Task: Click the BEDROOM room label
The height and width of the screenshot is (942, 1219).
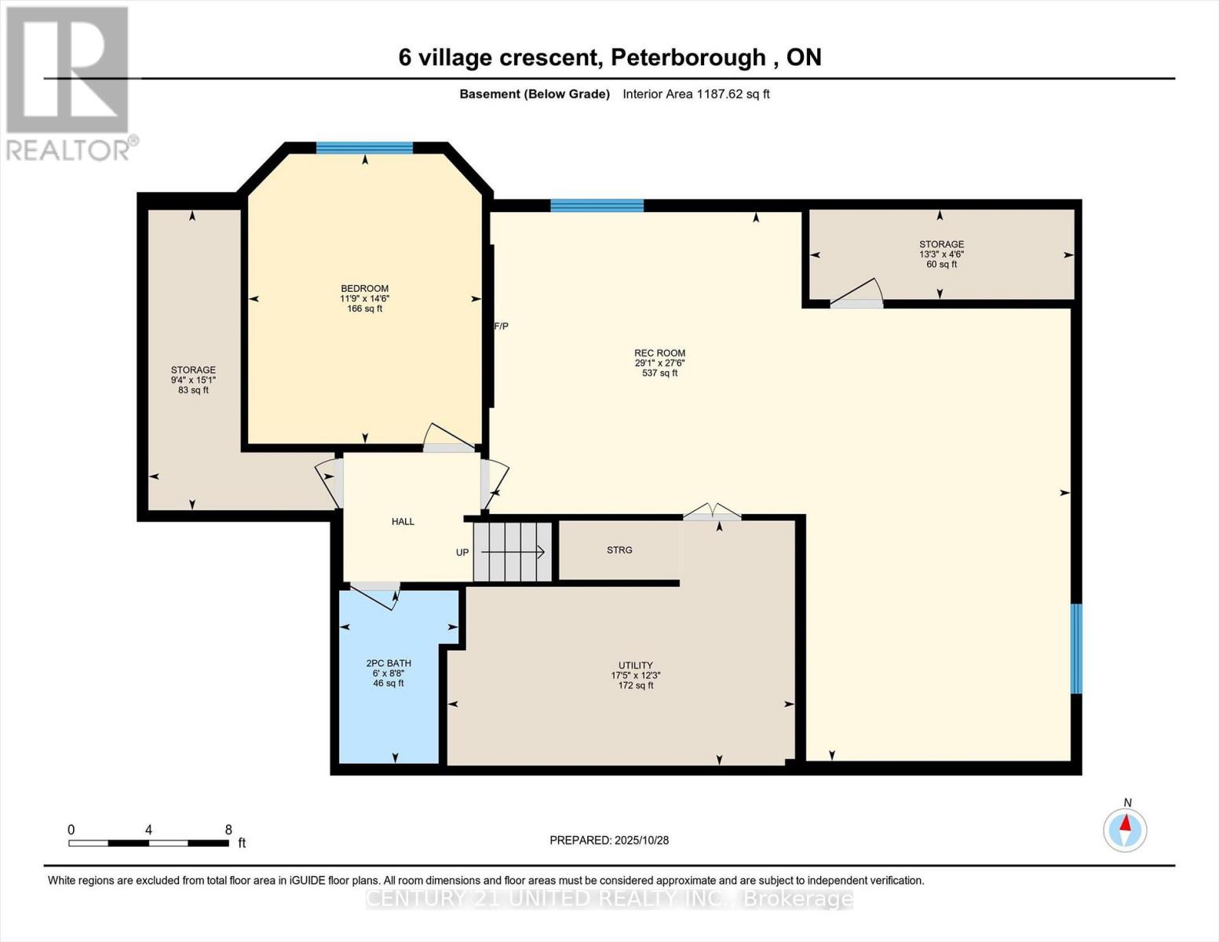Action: (x=364, y=289)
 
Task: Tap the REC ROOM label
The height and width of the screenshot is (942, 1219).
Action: (x=659, y=353)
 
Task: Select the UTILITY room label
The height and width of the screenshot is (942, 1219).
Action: (x=635, y=666)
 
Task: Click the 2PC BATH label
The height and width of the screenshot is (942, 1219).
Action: (x=389, y=663)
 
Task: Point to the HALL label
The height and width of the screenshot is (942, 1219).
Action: (x=403, y=522)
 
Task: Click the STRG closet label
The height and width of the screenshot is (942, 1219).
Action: (x=619, y=550)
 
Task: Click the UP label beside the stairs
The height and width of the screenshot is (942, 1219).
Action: (x=462, y=553)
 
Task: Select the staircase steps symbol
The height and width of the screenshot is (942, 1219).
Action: (x=513, y=552)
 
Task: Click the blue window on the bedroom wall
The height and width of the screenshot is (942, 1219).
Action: (x=364, y=148)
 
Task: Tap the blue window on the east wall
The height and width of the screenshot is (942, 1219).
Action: (x=1076, y=648)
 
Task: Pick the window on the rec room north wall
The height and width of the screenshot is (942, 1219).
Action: (x=597, y=206)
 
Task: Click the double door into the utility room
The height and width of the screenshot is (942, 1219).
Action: (x=712, y=513)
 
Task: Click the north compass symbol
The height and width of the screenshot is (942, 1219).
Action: (x=1125, y=828)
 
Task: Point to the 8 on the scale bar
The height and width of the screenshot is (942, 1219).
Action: (x=228, y=830)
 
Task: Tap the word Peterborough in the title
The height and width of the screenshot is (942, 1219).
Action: (x=688, y=57)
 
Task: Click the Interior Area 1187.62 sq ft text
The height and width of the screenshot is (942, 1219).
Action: (x=696, y=94)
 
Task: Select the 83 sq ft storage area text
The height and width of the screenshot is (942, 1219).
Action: (x=193, y=390)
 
